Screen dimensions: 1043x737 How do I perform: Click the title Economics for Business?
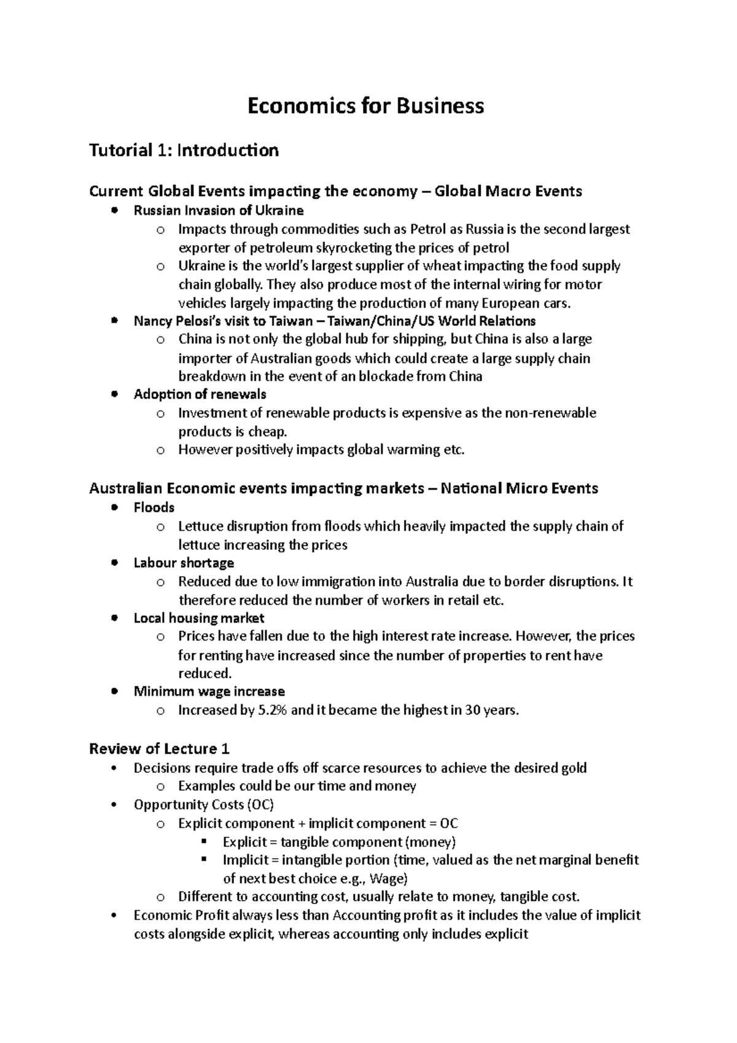coord(365,106)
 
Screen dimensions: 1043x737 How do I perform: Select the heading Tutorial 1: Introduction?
coord(184,150)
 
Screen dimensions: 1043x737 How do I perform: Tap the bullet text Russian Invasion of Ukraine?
coord(219,211)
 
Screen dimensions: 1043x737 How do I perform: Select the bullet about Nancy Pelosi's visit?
coord(335,321)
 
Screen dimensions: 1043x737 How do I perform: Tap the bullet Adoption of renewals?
coord(200,394)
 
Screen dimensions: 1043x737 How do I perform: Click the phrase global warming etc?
coord(406,450)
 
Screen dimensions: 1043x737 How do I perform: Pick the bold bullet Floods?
coord(154,507)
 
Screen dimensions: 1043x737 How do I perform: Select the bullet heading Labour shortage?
coord(184,563)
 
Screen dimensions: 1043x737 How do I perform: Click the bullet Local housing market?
coord(199,618)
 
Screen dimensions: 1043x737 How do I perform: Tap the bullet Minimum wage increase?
coord(209,692)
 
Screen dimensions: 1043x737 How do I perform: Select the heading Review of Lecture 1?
coord(159,749)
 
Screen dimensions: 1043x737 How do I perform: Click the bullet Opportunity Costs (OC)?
coord(203,805)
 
